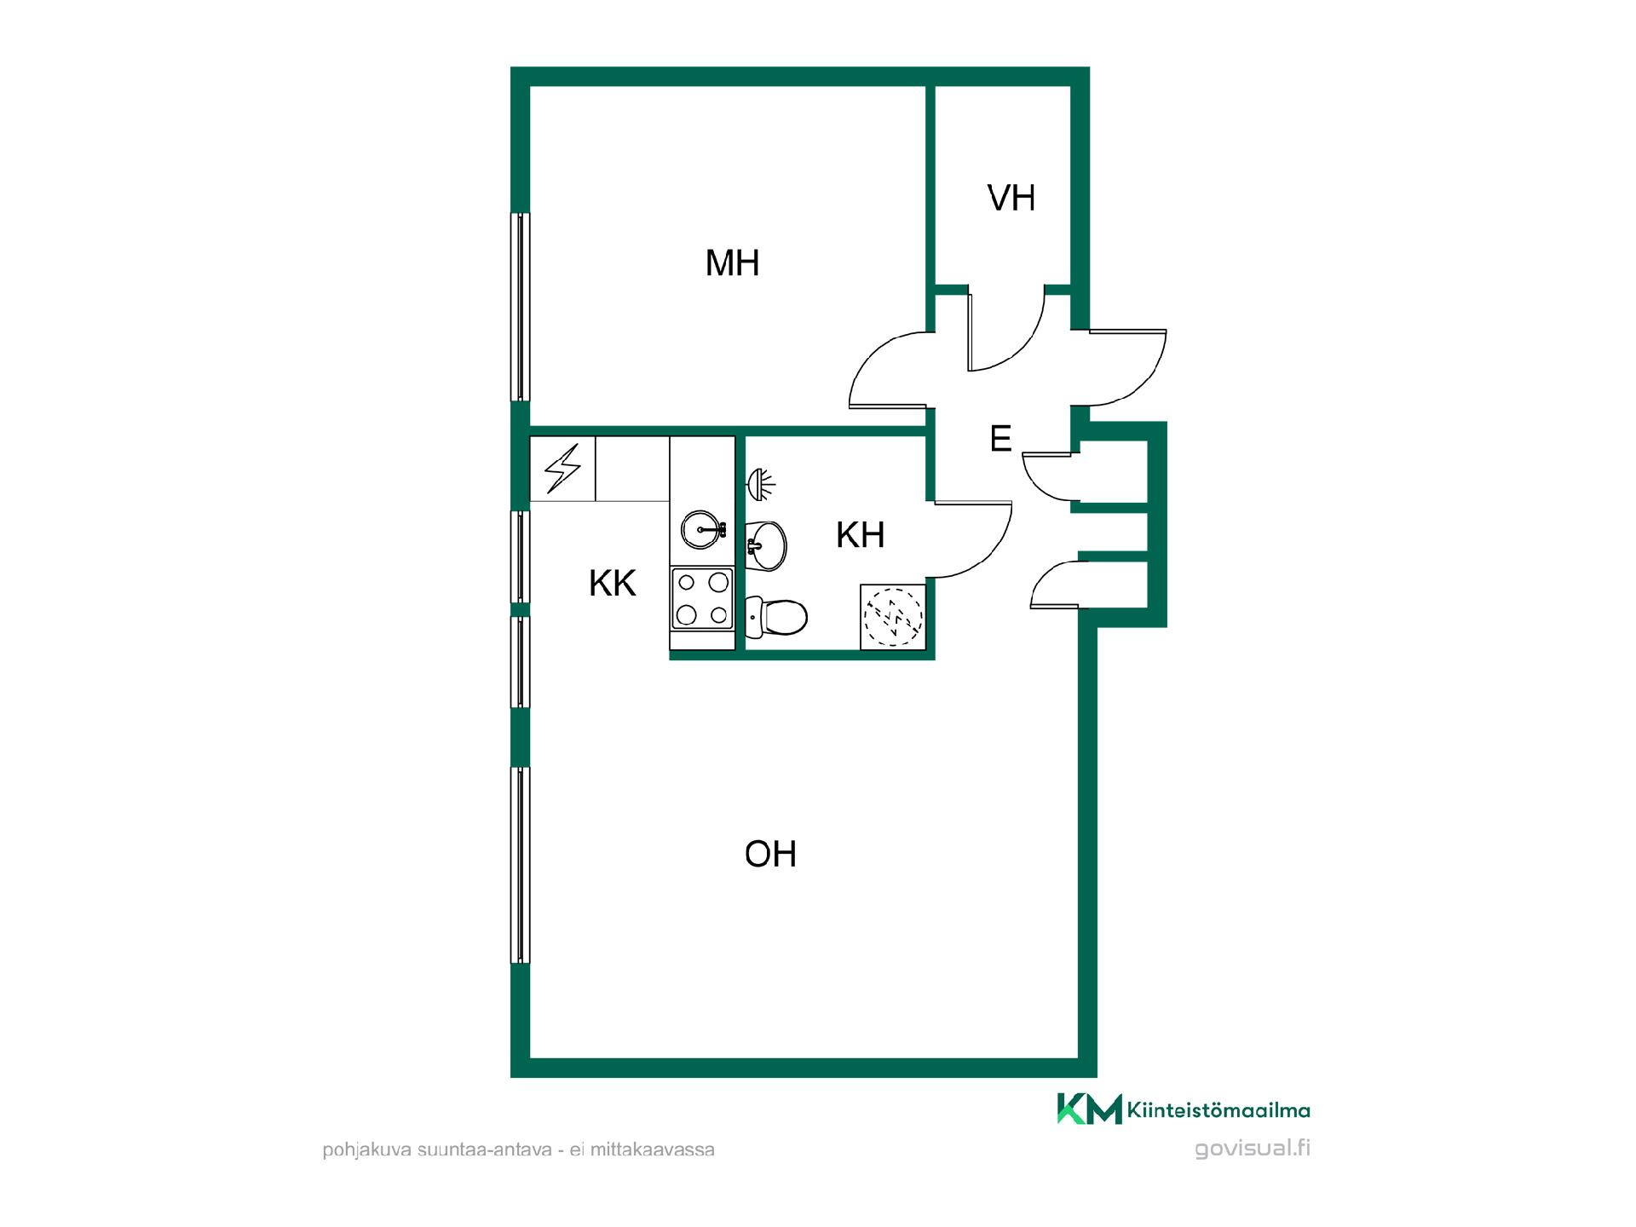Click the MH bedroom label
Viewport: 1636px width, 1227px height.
tap(732, 263)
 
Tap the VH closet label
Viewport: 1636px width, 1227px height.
tap(1011, 198)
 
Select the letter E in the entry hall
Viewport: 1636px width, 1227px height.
tap(1000, 439)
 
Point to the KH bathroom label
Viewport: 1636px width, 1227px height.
tap(860, 535)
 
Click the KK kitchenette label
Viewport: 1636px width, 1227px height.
tap(613, 584)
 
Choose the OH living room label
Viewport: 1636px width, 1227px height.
tap(770, 854)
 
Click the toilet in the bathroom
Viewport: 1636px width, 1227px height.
tap(776, 617)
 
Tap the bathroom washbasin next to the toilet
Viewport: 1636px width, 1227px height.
tap(766, 544)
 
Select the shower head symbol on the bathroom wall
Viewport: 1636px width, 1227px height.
tap(761, 485)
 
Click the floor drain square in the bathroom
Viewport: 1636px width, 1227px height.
tap(892, 617)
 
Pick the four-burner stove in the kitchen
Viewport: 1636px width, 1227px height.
tap(702, 599)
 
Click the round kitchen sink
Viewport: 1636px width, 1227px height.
tap(703, 529)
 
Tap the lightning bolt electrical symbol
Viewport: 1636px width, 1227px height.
tap(562, 469)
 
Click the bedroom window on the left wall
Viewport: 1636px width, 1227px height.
tap(520, 307)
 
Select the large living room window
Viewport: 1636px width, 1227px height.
tap(520, 865)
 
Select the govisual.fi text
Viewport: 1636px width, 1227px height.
tap(1253, 1149)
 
